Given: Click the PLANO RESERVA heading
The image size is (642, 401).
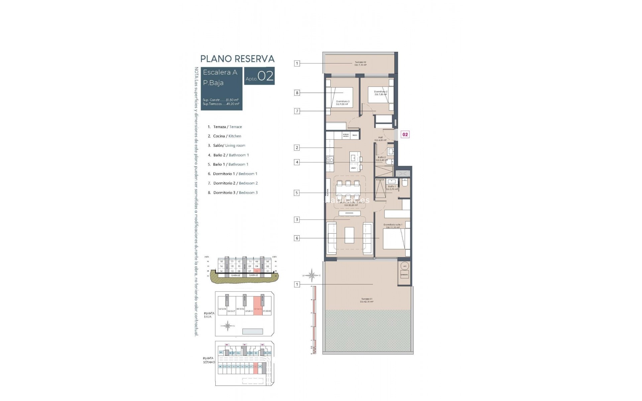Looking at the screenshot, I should coord(237,59).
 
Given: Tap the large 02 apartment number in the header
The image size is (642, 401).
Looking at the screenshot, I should coord(266,76).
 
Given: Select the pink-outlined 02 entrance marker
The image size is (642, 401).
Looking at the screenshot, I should coord(405,134).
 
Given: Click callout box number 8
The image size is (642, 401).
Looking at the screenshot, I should coord(297,93).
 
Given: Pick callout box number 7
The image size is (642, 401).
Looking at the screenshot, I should coord(297,111).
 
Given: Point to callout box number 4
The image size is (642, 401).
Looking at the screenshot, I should coord(297,162).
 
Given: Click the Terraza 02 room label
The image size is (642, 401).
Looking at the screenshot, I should coord(360,63).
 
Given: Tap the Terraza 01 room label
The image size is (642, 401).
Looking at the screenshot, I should coord(367,300).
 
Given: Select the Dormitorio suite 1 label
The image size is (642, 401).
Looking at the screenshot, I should coord(393,226).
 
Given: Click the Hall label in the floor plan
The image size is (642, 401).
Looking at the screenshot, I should coord(380,139).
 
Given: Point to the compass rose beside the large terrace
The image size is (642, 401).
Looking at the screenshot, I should coord(312,275).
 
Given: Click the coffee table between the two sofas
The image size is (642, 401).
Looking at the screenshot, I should coord(349,235).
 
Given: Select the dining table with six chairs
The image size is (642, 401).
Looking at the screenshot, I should coord(348,190).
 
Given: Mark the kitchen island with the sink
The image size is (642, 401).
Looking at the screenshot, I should coord(354,161).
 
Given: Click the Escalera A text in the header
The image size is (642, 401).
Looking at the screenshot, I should coord(220,72).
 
